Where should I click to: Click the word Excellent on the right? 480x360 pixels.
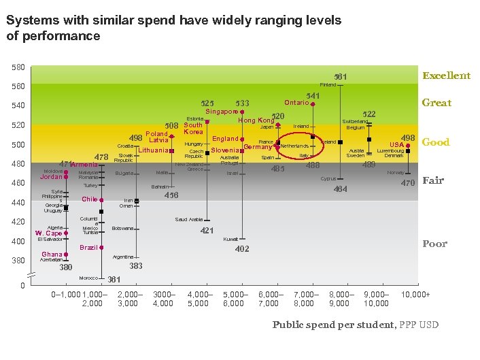446,76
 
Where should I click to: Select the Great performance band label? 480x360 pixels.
436,103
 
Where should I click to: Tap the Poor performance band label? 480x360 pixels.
434,244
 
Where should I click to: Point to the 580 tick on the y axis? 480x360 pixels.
18,67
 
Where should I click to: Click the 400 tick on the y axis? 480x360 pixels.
18,242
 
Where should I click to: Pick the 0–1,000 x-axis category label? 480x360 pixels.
65,294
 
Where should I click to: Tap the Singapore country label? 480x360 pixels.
221,112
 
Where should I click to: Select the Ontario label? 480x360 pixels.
296,103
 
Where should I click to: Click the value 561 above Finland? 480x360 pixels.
341,76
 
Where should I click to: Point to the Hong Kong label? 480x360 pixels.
256,121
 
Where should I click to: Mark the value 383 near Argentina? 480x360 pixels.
136,266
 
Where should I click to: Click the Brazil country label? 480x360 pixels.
88,248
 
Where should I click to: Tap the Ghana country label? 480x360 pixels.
52,255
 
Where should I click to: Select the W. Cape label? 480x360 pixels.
48,233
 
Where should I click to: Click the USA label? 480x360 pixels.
396,145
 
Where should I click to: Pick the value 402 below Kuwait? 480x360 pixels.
242,249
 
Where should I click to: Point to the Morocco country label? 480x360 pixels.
88,278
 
